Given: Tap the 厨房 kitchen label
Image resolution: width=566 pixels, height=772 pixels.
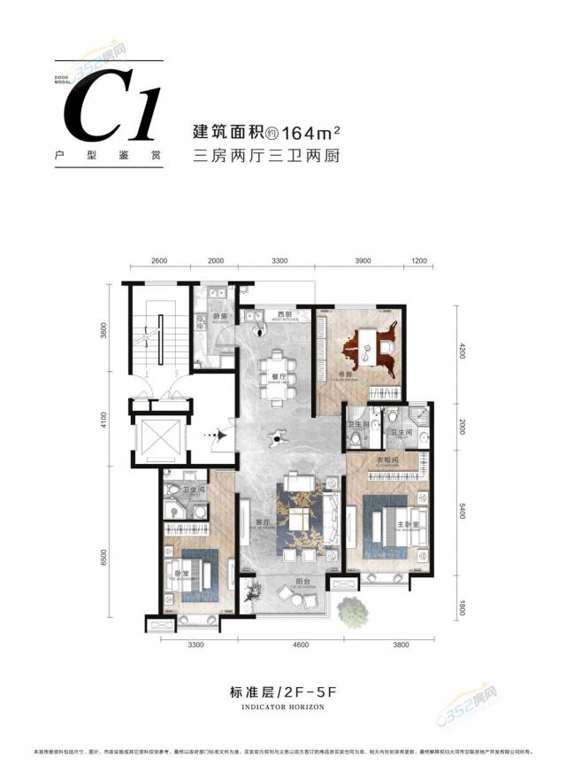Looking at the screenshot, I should [221, 316].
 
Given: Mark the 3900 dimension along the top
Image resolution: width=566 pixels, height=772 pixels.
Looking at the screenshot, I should [363, 261].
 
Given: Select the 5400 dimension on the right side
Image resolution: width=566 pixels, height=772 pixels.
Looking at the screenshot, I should [460, 513].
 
